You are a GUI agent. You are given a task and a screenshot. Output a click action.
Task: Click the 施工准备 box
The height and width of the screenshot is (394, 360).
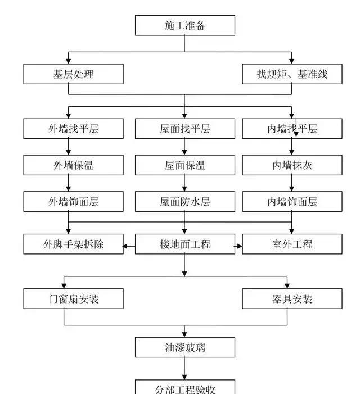184,25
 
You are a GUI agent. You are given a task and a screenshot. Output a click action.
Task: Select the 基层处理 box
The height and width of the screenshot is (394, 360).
73,74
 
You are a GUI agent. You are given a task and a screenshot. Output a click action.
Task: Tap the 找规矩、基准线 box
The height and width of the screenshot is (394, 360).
292,74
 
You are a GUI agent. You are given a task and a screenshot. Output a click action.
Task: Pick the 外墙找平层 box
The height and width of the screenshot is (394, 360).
73,129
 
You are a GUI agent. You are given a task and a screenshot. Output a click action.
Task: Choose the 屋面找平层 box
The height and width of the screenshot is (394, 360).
184,129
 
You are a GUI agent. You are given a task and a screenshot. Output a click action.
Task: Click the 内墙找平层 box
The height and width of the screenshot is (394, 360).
292,129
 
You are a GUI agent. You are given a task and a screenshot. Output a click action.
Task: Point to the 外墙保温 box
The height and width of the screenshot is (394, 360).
73,165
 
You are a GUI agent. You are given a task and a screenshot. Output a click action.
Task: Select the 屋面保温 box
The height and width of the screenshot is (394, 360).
184,165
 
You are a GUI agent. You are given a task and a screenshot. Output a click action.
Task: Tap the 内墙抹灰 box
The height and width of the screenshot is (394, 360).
292,165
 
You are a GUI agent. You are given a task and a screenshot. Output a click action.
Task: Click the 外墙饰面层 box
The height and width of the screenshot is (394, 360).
73,201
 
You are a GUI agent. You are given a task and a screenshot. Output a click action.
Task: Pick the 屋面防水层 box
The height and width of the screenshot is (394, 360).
184,201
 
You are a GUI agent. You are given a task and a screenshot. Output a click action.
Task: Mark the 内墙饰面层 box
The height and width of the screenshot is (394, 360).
292,201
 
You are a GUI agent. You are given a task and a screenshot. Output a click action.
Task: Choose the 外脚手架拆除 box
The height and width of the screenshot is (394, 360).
73,244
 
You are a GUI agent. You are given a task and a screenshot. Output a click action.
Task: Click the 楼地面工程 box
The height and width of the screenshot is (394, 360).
184,244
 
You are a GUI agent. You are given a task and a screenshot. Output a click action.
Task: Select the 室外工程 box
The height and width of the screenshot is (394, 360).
292,244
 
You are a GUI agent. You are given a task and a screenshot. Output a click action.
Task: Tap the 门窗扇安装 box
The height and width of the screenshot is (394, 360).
73,299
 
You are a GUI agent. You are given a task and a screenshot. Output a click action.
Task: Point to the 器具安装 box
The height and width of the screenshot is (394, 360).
292,299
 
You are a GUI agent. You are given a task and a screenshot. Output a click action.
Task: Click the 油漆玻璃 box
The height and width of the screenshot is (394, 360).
184,347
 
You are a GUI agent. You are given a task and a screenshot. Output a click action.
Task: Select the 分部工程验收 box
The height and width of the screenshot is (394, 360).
184,387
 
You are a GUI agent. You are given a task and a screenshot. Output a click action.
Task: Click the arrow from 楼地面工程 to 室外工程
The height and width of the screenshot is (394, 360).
238,245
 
